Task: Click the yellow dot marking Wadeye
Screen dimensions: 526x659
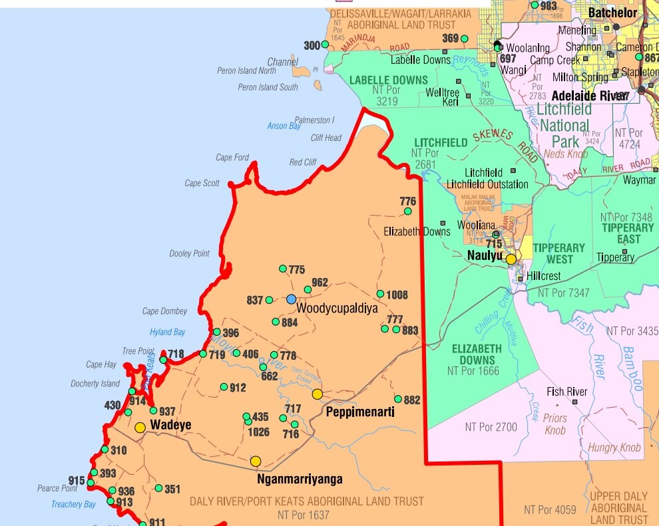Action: (140, 428)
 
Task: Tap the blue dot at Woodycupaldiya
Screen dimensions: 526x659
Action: (291, 299)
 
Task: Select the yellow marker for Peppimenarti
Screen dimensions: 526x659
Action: (317, 394)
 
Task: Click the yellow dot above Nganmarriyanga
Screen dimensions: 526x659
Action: (256, 461)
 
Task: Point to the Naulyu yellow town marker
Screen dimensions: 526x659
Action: (511, 259)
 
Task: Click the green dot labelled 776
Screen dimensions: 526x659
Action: (408, 211)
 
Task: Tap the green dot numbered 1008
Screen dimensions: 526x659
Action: (380, 294)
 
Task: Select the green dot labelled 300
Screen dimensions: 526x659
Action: (325, 45)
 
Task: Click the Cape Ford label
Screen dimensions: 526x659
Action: (232, 158)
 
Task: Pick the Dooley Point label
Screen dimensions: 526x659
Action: (189, 253)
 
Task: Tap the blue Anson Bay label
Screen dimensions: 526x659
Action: (284, 126)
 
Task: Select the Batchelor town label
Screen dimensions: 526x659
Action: (612, 13)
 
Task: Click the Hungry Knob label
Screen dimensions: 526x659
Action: (614, 448)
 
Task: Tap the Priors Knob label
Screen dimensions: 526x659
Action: (556, 424)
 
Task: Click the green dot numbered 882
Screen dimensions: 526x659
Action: (398, 399)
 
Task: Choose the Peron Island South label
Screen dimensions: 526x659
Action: (268, 87)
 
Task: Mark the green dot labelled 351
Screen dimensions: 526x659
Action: (158, 488)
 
